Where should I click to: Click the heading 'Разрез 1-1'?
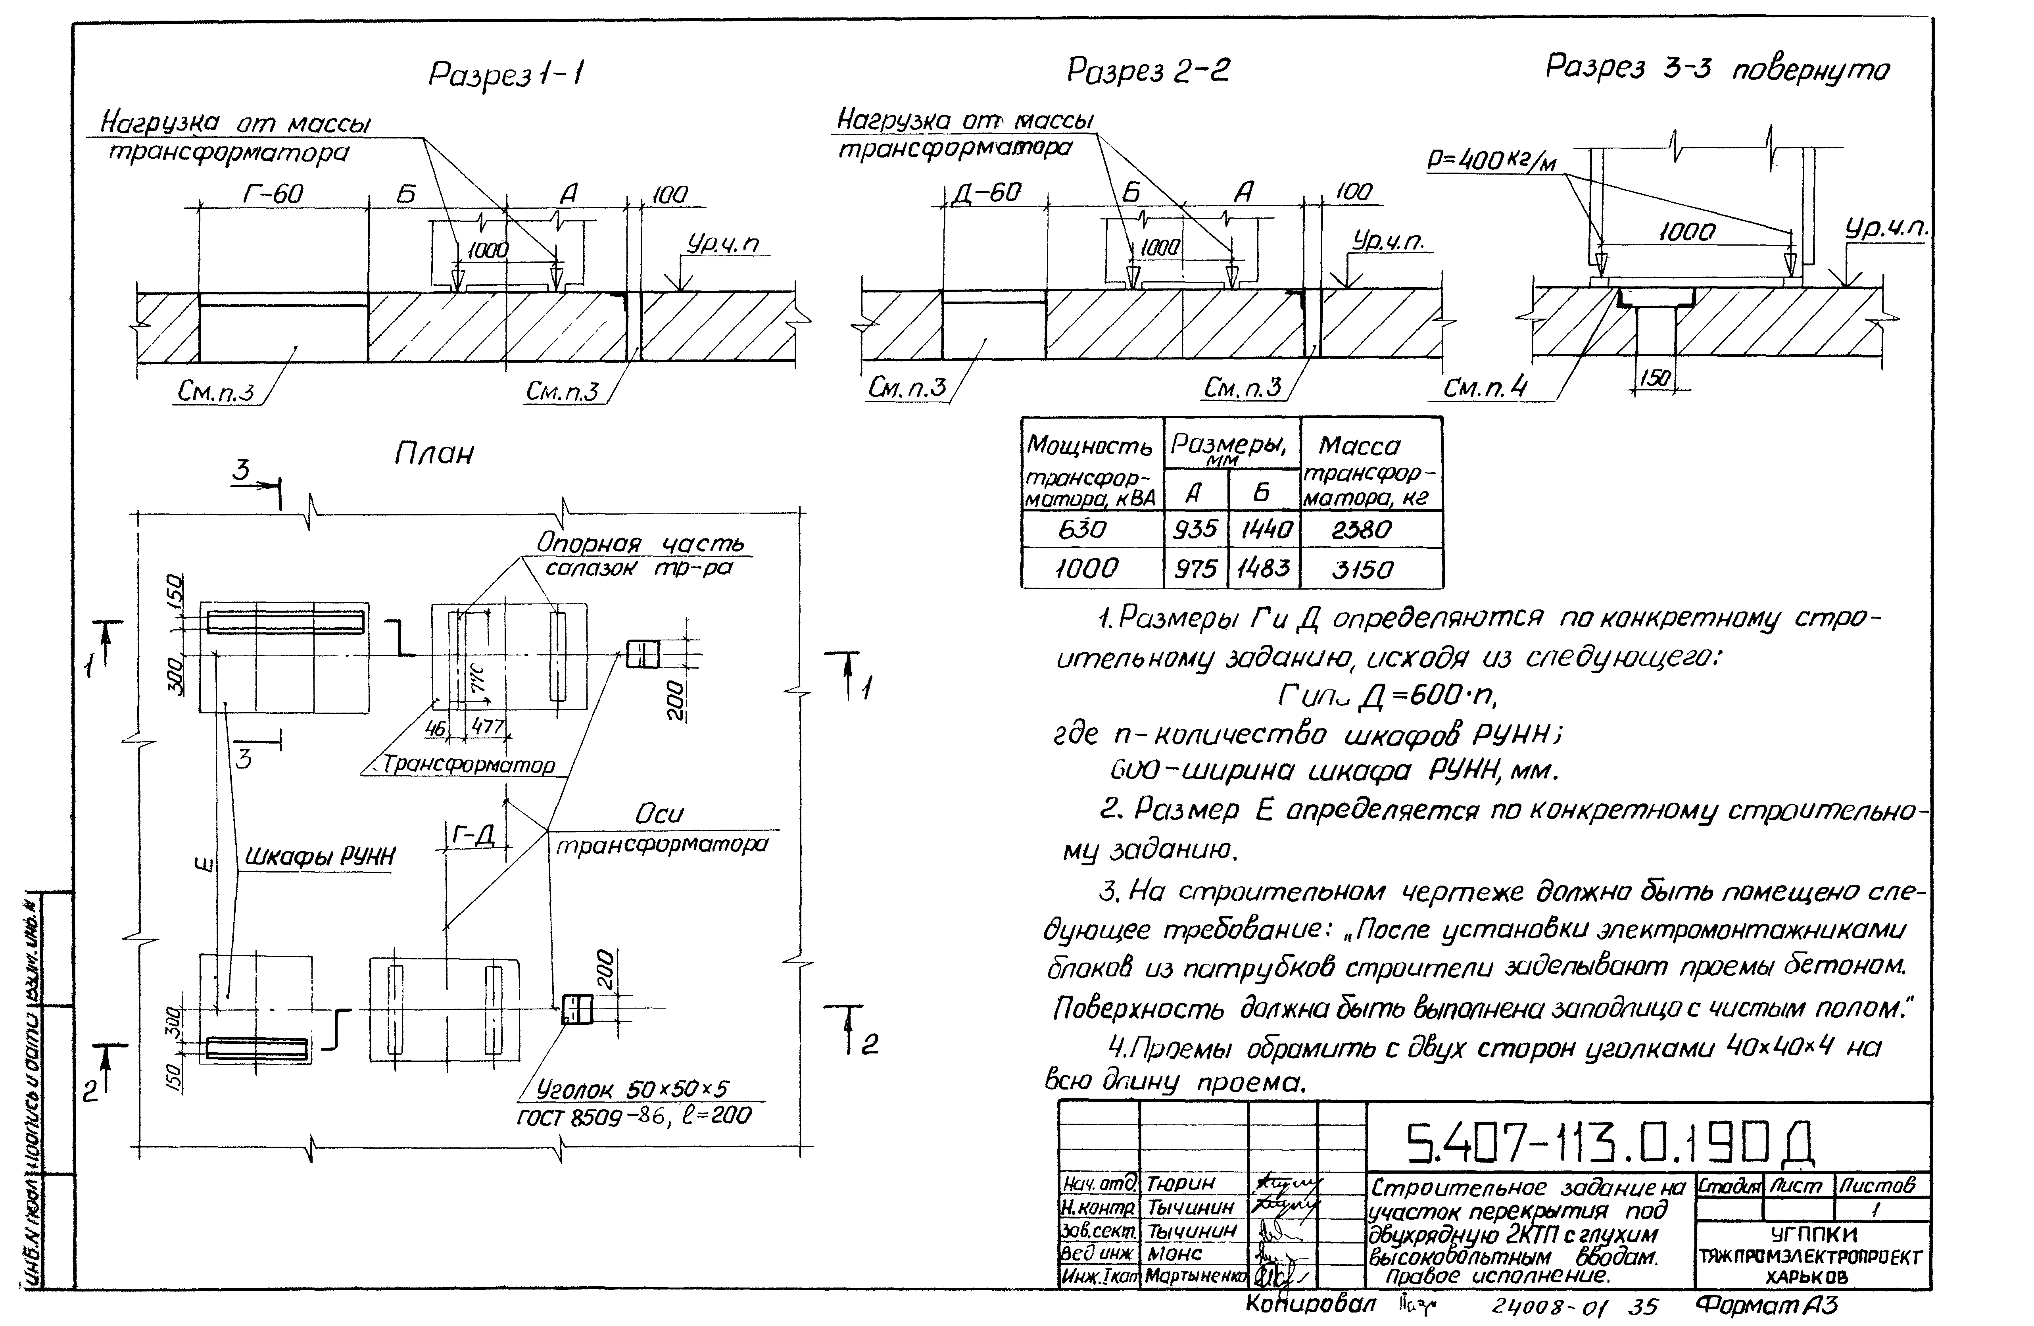(506, 75)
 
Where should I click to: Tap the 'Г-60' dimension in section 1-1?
(273, 194)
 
